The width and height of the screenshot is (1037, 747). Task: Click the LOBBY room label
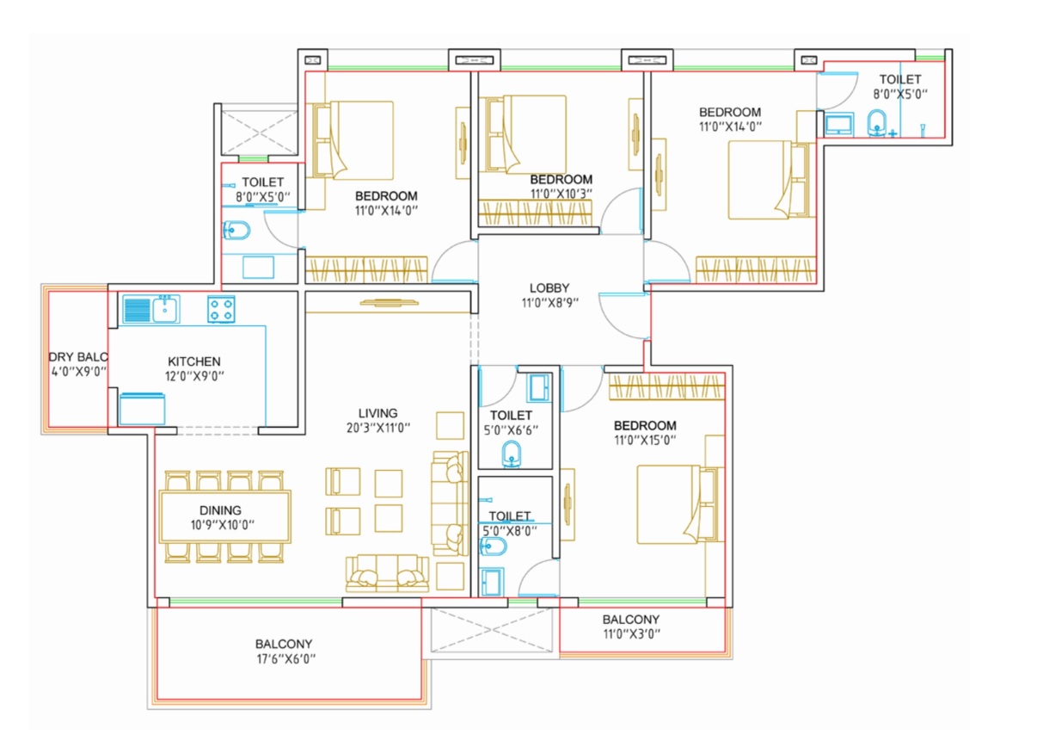click(549, 288)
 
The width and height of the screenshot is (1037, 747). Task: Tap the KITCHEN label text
click(194, 361)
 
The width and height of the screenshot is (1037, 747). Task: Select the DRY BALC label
click(78, 357)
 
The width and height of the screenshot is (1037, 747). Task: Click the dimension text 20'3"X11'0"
click(378, 428)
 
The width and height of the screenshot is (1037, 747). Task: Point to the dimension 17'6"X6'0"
click(286, 658)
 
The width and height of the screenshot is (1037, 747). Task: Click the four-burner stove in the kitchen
click(221, 309)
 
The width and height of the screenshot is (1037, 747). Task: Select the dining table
click(225, 516)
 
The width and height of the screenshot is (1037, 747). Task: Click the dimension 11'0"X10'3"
click(561, 194)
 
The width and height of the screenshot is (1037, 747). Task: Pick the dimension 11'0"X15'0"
click(645, 440)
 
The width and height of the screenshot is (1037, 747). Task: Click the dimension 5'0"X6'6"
click(511, 430)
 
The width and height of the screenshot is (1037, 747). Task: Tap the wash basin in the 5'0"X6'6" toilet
click(511, 454)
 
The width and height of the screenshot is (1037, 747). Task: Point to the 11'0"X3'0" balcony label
click(631, 627)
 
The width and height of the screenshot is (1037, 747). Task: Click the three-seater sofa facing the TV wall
click(388, 574)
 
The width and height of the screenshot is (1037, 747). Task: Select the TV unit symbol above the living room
click(390, 303)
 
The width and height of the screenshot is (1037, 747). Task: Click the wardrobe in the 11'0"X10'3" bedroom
click(535, 213)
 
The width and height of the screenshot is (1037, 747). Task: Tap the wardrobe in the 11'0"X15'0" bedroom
click(666, 387)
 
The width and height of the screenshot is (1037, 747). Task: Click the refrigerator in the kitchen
click(142, 409)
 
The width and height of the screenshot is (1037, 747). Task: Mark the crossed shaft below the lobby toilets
click(492, 630)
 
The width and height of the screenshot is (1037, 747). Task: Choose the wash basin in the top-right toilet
click(876, 123)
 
